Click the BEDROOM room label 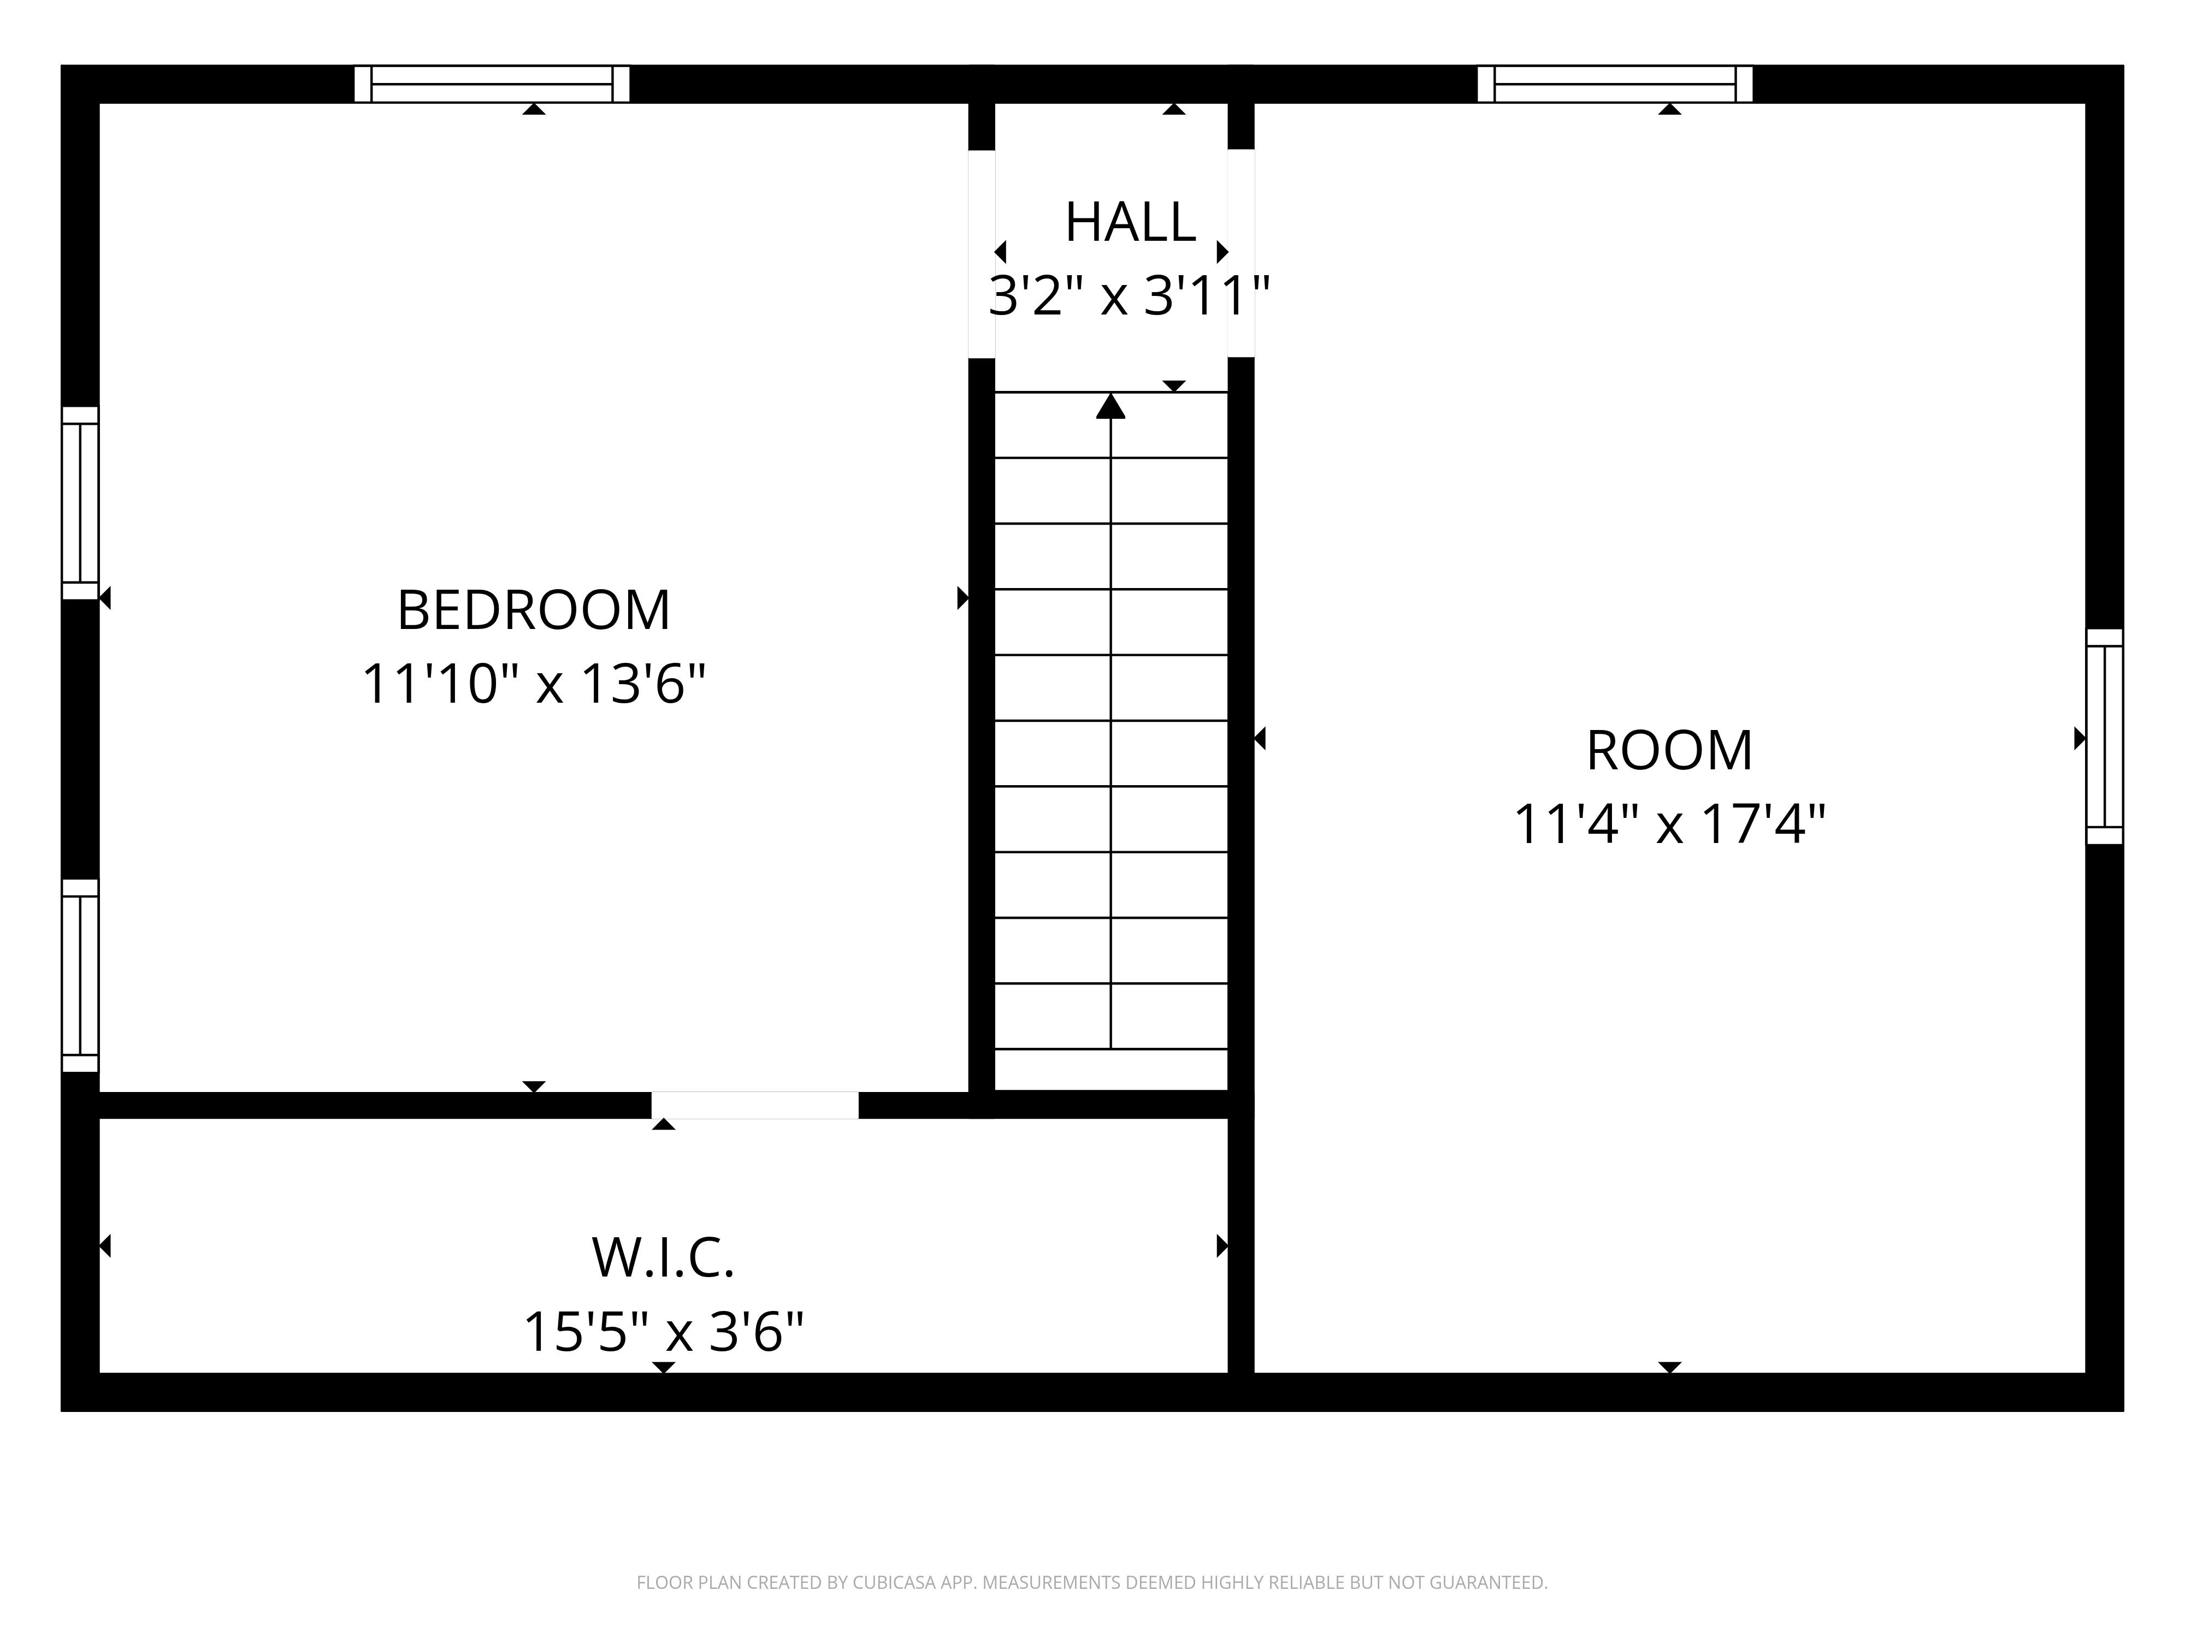click(x=533, y=610)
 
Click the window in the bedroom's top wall click(x=492, y=84)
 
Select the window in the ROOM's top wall click(x=1615, y=84)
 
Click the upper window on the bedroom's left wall click(x=80, y=503)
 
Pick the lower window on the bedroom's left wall click(x=80, y=976)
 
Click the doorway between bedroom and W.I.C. click(x=755, y=1105)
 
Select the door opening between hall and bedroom click(x=981, y=254)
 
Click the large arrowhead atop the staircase click(x=1111, y=406)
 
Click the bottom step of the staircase click(x=1111, y=1069)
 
